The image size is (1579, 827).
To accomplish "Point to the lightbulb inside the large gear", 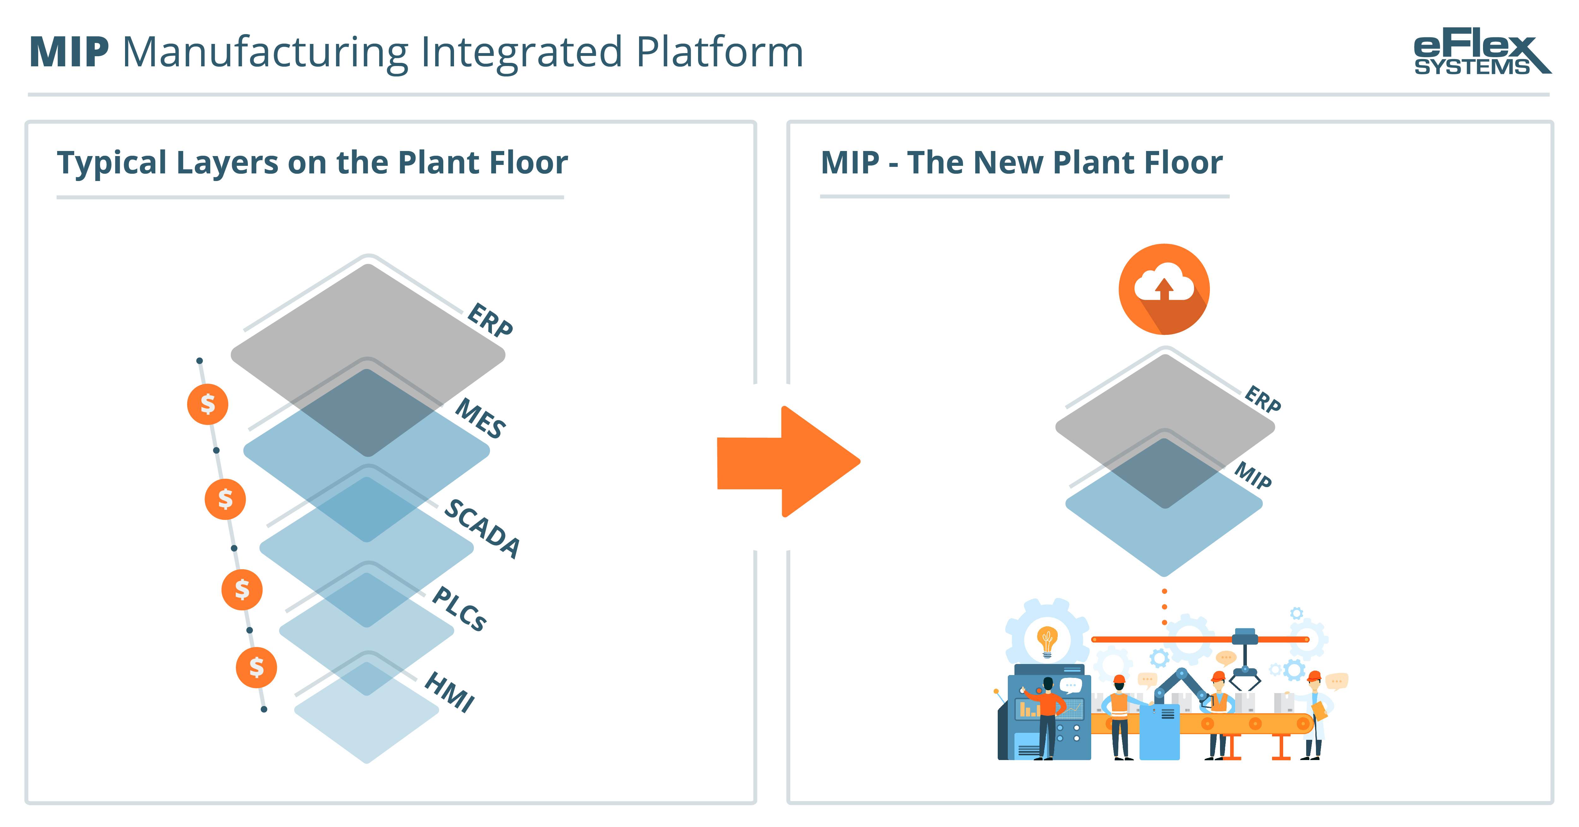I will point(1047,641).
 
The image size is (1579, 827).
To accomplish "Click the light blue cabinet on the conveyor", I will point(1159,733).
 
